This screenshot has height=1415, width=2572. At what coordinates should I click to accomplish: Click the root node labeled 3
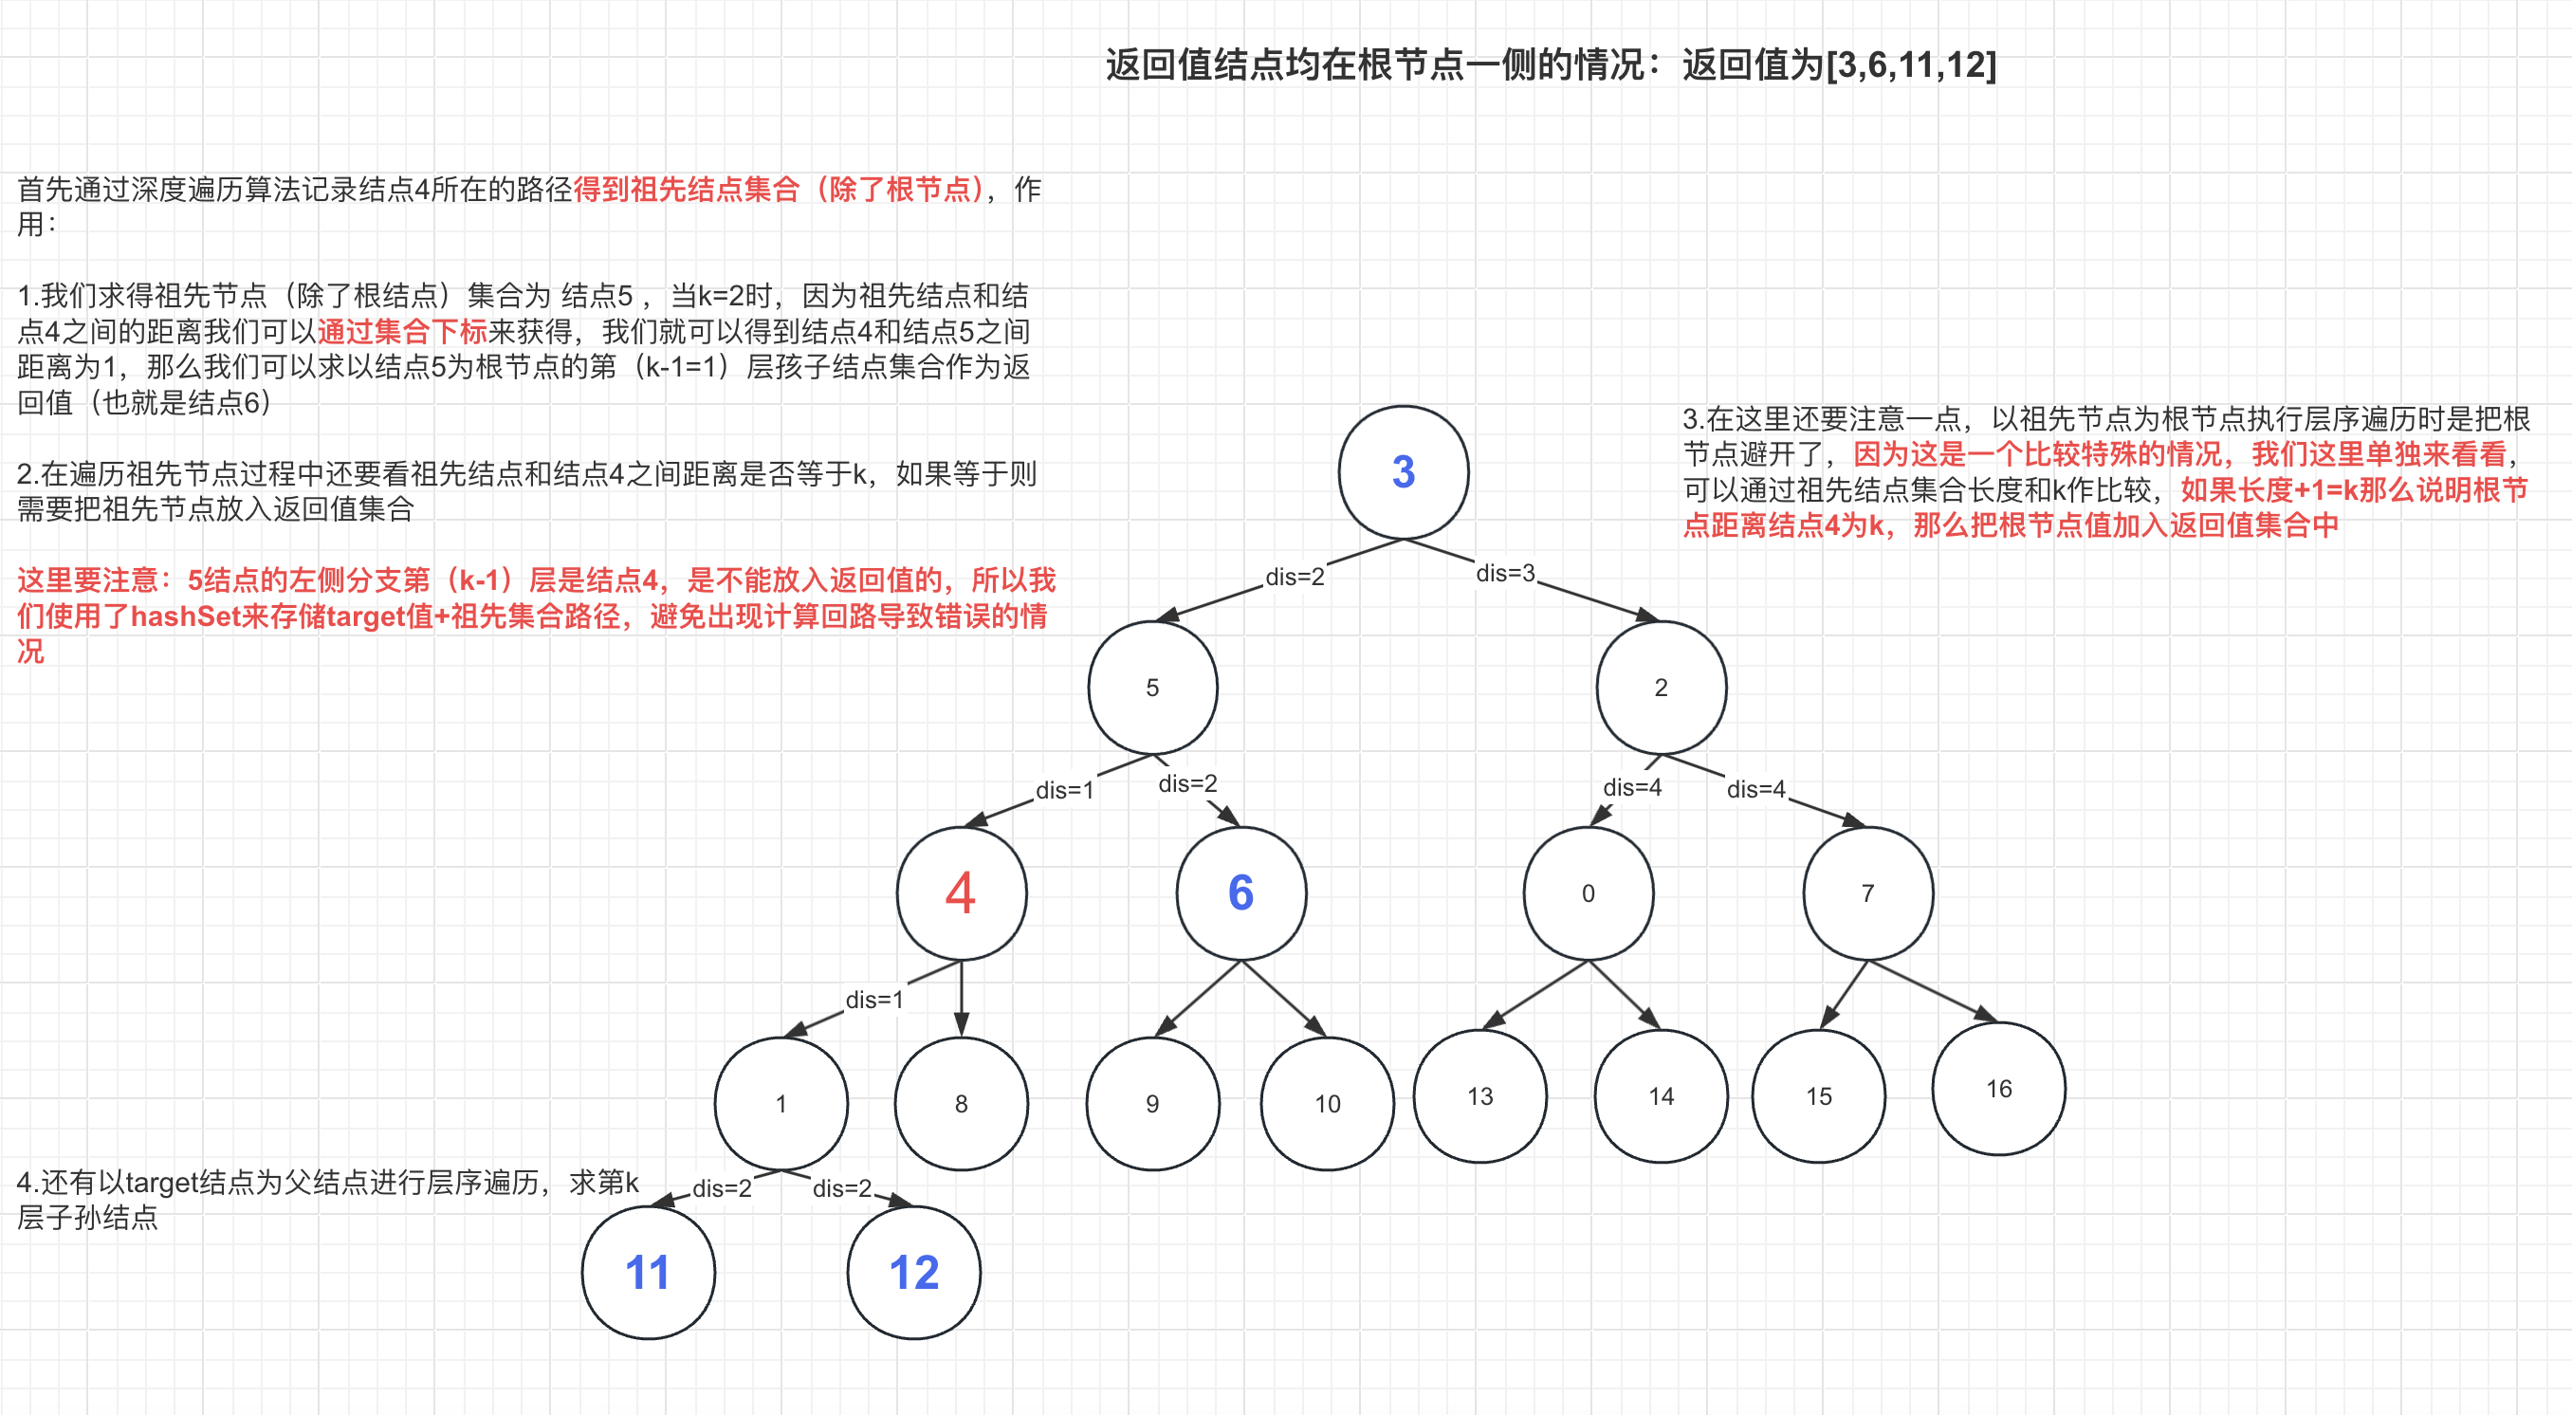pyautogui.click(x=1403, y=471)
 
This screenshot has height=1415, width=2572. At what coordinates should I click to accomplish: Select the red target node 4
pyautogui.click(x=961, y=892)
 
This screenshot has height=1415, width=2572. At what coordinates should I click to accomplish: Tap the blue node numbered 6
pyautogui.click(x=1240, y=892)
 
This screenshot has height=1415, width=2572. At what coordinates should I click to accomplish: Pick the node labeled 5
pyautogui.click(x=1152, y=687)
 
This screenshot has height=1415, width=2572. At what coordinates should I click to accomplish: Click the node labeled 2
pyautogui.click(x=1661, y=687)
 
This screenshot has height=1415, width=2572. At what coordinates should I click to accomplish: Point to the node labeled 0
pyautogui.click(x=1588, y=892)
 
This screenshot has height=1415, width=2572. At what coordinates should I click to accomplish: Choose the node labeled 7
pyautogui.click(x=1867, y=892)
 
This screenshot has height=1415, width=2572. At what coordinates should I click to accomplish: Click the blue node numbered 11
pyautogui.click(x=648, y=1272)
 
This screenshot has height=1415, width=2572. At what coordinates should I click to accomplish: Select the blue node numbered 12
pyautogui.click(x=913, y=1272)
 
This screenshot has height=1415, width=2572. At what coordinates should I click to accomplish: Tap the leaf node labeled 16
pyautogui.click(x=1998, y=1089)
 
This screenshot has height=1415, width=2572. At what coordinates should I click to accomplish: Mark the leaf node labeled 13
pyautogui.click(x=1479, y=1095)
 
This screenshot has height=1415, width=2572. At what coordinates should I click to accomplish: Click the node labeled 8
pyautogui.click(x=961, y=1103)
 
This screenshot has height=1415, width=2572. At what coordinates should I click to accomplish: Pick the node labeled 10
pyautogui.click(x=1327, y=1103)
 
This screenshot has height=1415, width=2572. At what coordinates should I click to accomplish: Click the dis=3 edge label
pyautogui.click(x=1505, y=573)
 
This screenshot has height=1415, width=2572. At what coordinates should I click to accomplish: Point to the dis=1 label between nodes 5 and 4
pyautogui.click(x=1064, y=790)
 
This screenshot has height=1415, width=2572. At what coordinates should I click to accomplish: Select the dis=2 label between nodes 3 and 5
pyautogui.click(x=1294, y=578)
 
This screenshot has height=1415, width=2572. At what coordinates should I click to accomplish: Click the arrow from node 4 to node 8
pyautogui.click(x=961, y=999)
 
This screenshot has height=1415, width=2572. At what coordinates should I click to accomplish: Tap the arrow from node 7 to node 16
pyautogui.click(x=1932, y=991)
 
